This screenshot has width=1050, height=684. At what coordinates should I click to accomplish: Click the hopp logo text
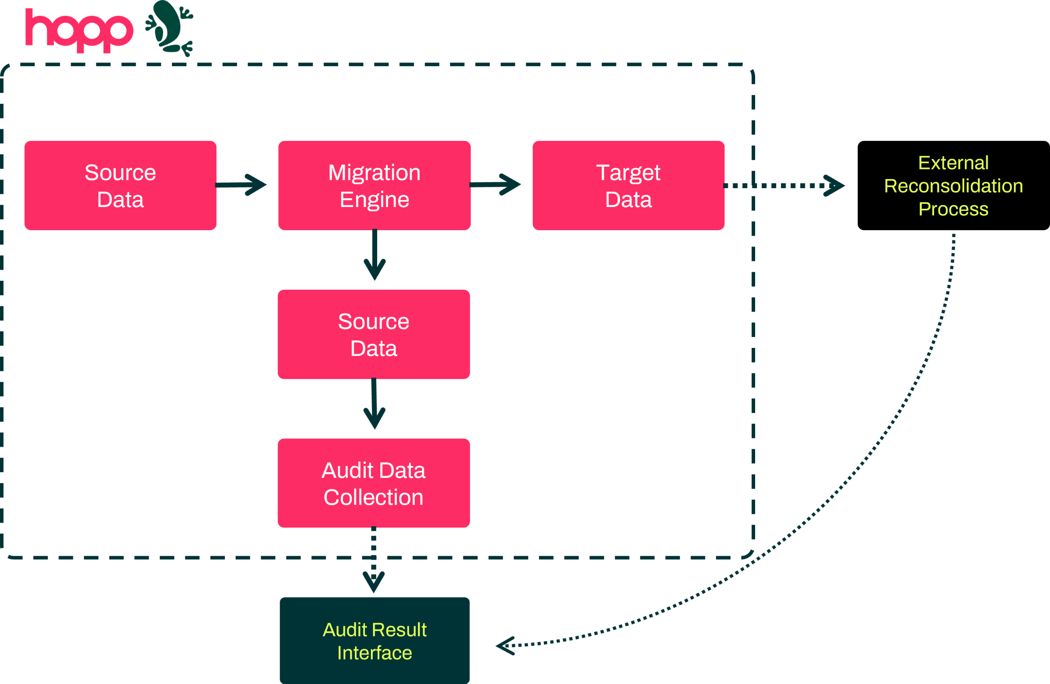[80, 30]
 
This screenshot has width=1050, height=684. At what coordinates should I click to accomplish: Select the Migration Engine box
[374, 186]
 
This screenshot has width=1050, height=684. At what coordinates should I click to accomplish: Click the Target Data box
[628, 186]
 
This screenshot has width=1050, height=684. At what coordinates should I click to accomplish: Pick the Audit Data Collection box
[374, 483]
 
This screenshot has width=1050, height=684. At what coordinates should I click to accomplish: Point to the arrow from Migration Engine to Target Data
[496, 185]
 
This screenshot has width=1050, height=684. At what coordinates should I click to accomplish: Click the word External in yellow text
[953, 163]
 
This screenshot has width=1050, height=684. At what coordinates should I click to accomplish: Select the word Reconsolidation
[953, 186]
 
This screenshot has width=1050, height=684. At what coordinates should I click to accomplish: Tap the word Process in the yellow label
[953, 209]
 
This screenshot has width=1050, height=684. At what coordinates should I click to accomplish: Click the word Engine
[374, 200]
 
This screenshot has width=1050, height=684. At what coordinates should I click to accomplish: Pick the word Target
[628, 172]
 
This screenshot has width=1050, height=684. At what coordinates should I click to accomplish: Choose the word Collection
[374, 497]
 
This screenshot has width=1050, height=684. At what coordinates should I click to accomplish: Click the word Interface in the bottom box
[374, 652]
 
